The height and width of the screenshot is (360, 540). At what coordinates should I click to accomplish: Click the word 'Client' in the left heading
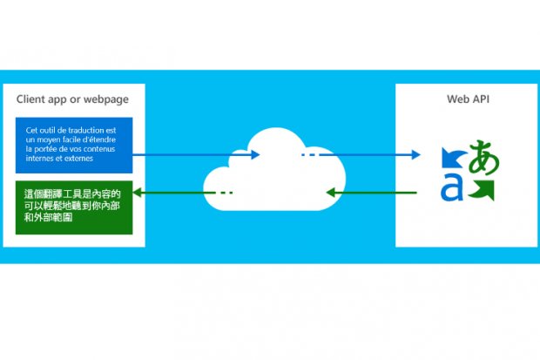tap(34, 97)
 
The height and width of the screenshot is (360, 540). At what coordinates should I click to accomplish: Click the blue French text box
tap(74, 145)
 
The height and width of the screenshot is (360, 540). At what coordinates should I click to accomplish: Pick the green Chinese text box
tap(74, 207)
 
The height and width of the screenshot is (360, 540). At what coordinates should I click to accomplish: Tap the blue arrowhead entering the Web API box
tap(416, 155)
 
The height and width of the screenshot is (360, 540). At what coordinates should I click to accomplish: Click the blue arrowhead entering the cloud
tap(256, 155)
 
